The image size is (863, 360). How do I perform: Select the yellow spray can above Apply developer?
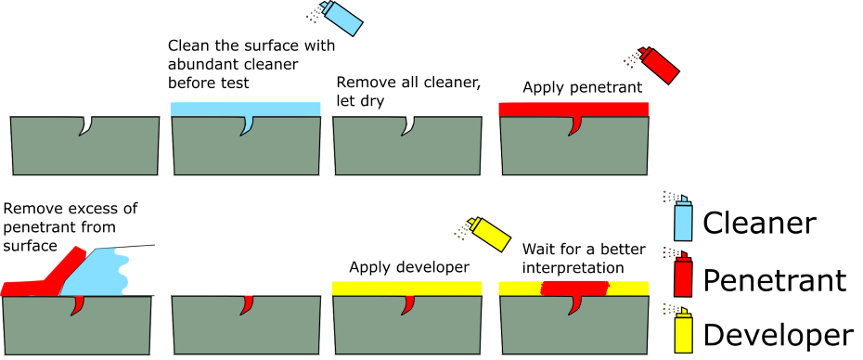pyautogui.click(x=489, y=235)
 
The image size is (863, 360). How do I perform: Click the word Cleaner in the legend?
pyautogui.click(x=759, y=224)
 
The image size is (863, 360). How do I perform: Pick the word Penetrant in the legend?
pyautogui.click(x=774, y=279)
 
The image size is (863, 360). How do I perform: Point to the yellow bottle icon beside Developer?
pyautogui.click(x=682, y=331)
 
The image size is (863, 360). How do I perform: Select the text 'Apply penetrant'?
pyautogui.click(x=582, y=88)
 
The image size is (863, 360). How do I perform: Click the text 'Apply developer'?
pyautogui.click(x=407, y=268)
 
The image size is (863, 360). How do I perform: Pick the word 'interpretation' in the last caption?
pyautogui.click(x=573, y=269)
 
